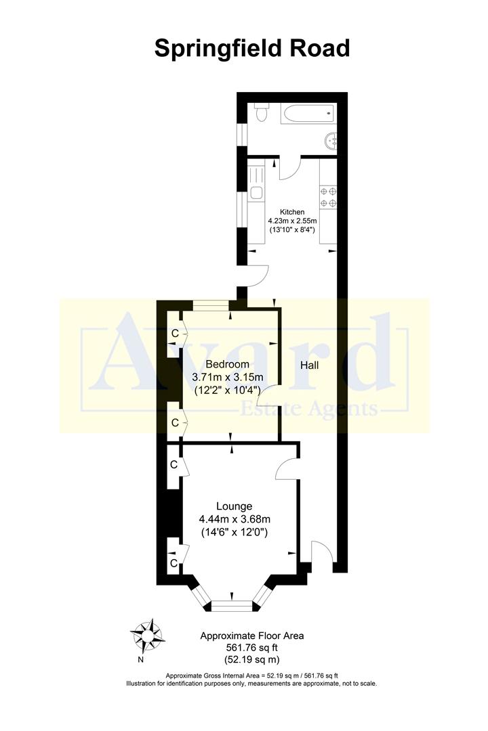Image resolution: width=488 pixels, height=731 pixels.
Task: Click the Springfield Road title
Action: [x=252, y=49]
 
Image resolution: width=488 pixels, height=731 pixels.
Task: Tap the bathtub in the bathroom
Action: [x=305, y=114]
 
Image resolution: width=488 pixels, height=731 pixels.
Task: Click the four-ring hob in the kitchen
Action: [x=328, y=197]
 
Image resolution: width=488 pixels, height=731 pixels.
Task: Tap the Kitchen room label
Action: [x=292, y=212]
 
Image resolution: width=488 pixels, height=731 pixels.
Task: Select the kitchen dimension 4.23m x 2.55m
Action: [x=292, y=221]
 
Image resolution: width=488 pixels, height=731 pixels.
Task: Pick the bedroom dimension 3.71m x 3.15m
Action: [x=228, y=377]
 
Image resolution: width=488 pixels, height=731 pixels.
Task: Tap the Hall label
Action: [x=309, y=365]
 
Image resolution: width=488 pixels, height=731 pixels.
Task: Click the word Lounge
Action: [x=235, y=506]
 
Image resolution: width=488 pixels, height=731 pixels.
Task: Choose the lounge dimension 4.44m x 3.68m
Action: [x=235, y=519]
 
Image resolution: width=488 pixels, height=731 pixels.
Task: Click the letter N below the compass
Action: [x=140, y=660]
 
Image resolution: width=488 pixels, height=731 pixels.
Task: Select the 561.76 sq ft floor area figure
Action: [x=251, y=648]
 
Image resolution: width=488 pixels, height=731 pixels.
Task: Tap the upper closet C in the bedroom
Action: [x=174, y=333]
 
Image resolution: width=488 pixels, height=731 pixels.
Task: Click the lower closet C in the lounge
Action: [x=174, y=563]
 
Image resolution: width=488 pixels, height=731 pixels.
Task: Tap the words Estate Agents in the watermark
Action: [x=310, y=409]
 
